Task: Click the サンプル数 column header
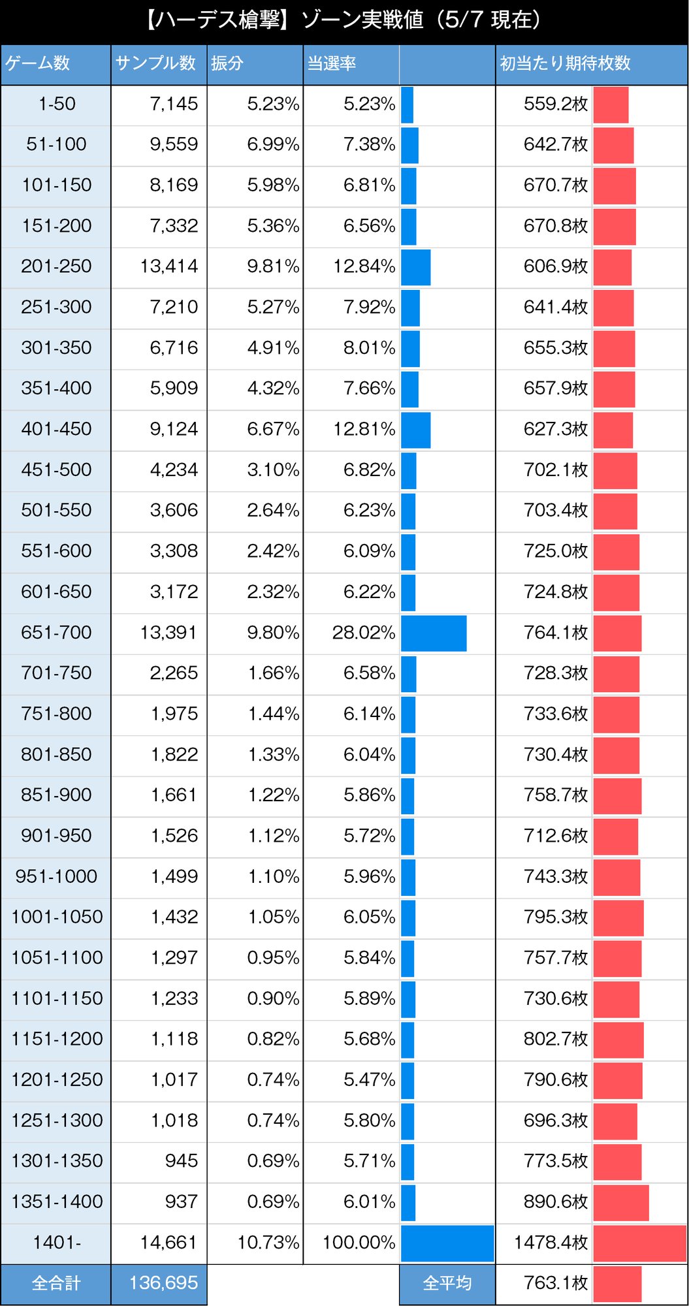point(156,63)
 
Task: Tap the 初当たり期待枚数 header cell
point(565,63)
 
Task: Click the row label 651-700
point(56,632)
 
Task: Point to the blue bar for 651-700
point(434,633)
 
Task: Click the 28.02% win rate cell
point(363,632)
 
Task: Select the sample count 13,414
point(168,266)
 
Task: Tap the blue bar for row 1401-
point(447,1243)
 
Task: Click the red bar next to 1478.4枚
point(639,1243)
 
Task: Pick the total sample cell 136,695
point(163,1283)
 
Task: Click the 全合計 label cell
point(56,1283)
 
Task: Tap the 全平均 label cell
point(447,1283)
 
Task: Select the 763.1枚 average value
point(555,1283)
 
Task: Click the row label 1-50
point(57,104)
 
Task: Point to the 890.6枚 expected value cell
point(555,1202)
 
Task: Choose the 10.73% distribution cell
point(268,1242)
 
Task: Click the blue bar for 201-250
point(415,267)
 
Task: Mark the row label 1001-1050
point(57,917)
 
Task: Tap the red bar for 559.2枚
point(611,104)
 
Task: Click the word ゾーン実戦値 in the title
point(362,20)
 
